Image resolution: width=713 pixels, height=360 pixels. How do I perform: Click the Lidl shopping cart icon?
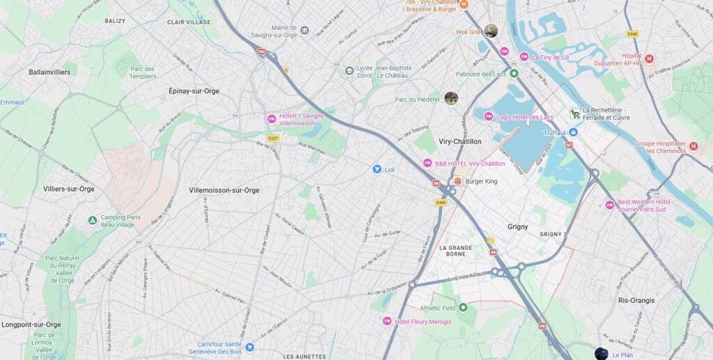(x=377, y=169)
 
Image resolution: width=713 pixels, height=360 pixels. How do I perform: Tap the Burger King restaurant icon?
(x=457, y=181)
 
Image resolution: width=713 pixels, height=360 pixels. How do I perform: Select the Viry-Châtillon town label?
(x=460, y=141)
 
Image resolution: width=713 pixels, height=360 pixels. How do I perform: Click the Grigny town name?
(x=517, y=227)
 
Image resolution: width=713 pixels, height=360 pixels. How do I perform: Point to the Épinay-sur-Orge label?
(x=194, y=91)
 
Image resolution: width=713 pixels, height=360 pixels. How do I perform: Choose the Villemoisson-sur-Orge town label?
(x=224, y=190)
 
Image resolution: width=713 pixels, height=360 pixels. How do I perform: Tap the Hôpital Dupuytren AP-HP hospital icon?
(x=649, y=59)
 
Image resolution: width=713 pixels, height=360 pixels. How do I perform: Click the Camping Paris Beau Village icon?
(x=92, y=221)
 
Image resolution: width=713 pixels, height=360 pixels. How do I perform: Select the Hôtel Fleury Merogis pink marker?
(x=387, y=321)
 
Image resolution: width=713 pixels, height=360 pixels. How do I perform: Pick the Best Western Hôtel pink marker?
(x=609, y=205)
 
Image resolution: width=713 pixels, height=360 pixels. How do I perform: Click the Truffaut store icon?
(x=574, y=132)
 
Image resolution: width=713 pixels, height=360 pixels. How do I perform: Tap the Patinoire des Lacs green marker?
(x=514, y=74)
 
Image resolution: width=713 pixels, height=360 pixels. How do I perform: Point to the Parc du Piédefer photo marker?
(x=451, y=98)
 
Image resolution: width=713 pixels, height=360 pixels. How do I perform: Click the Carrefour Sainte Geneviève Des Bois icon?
(x=249, y=347)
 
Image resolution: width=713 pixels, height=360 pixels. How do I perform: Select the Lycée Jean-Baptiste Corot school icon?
(x=349, y=70)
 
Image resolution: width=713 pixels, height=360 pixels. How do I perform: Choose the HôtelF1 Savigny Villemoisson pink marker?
(x=272, y=119)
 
